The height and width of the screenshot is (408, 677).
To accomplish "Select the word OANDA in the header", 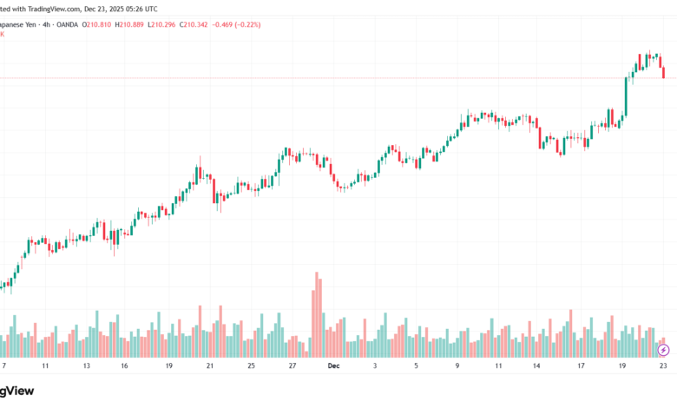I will [62, 23].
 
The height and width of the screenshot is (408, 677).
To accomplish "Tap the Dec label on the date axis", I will [333, 366].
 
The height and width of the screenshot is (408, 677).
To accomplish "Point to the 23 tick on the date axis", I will [662, 366].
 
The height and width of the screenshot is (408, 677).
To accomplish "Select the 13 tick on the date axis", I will [86, 366].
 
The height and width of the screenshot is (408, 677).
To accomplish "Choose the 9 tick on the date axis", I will [457, 366].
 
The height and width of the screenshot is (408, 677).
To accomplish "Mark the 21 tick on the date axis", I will [209, 366].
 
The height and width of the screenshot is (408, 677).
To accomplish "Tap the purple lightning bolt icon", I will [663, 350].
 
